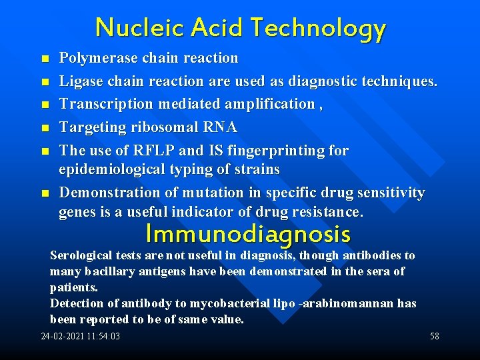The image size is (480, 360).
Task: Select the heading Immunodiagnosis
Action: (248, 234)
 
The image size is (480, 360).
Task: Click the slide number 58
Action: (435, 336)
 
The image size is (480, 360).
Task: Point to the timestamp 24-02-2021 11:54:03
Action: (81, 336)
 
